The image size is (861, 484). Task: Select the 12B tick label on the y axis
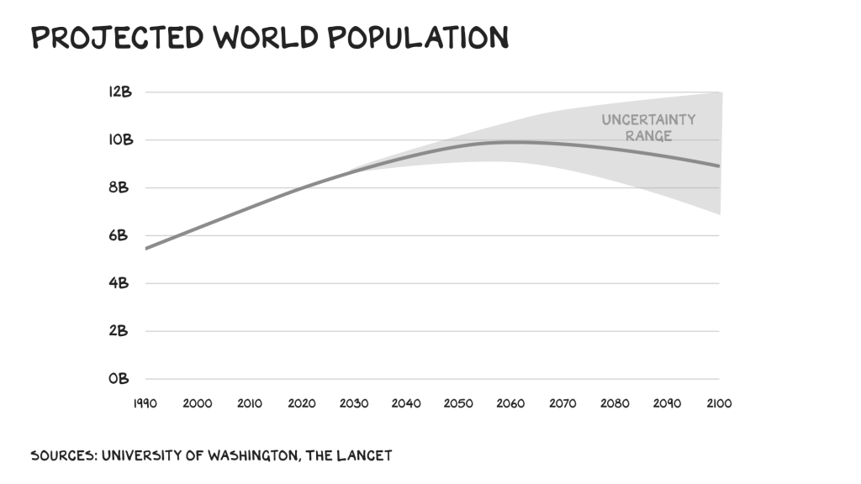(x=120, y=92)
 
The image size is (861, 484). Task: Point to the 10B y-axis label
(x=120, y=139)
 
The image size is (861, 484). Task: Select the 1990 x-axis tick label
(x=145, y=403)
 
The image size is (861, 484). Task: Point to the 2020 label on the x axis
(x=302, y=403)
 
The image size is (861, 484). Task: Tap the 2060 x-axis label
(x=510, y=403)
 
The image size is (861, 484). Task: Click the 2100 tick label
(x=719, y=403)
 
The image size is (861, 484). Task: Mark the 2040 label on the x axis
(x=406, y=403)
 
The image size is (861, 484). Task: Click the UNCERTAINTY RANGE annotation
(x=648, y=128)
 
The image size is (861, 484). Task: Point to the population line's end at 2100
(x=719, y=166)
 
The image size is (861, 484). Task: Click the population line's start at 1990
(x=146, y=249)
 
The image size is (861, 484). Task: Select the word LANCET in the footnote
(x=367, y=456)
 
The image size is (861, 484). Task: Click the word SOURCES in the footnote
(x=62, y=456)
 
